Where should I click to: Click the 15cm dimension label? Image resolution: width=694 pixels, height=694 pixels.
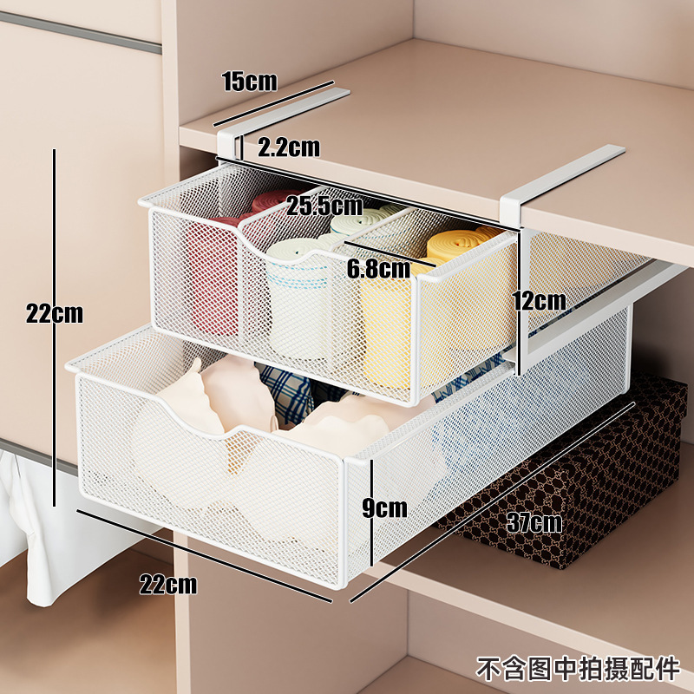(249, 82)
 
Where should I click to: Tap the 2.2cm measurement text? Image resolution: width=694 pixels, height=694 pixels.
(289, 147)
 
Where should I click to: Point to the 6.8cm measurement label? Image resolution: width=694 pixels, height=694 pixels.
(378, 269)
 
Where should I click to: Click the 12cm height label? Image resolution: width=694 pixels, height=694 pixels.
(540, 301)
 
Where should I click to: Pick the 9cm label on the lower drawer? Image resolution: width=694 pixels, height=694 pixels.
(385, 507)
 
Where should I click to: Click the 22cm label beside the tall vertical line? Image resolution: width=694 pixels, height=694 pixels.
(54, 313)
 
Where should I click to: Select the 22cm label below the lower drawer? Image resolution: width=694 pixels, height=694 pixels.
(168, 584)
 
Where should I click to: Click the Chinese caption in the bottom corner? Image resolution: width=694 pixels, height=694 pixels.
(579, 669)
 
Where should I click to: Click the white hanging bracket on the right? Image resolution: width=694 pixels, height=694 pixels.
(555, 182)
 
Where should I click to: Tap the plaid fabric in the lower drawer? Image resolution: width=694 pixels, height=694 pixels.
(286, 390)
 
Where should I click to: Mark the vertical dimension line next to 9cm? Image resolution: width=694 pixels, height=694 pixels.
(371, 512)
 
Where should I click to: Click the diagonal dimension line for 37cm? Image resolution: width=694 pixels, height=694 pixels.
(486, 503)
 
